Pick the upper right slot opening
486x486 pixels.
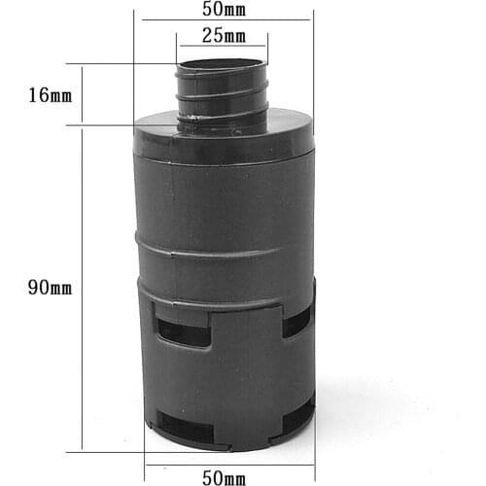[x=296, y=322]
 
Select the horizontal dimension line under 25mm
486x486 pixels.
[x=222, y=46]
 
